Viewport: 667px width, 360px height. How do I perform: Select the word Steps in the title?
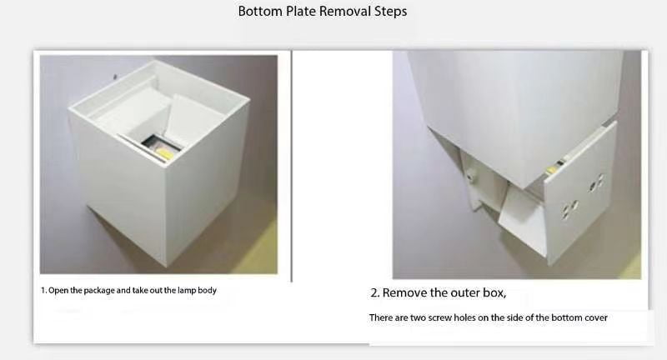click(390, 12)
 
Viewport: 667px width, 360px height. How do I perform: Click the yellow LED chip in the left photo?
click(163, 152)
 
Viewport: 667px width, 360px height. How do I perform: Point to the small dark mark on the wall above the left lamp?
click(115, 77)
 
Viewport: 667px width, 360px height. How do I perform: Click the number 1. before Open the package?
click(44, 290)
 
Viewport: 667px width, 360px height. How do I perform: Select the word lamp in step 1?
click(186, 290)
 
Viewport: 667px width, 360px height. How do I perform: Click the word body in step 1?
click(207, 291)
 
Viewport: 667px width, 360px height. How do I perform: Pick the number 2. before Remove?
click(374, 292)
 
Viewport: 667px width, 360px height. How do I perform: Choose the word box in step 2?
click(494, 292)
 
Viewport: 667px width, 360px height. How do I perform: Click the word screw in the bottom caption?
click(440, 318)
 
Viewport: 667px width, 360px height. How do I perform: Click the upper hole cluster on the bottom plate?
click(595, 182)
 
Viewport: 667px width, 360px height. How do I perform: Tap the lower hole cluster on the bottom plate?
click(569, 208)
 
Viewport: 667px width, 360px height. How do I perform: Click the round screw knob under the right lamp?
click(470, 174)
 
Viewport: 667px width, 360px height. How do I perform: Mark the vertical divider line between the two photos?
click(291, 166)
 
